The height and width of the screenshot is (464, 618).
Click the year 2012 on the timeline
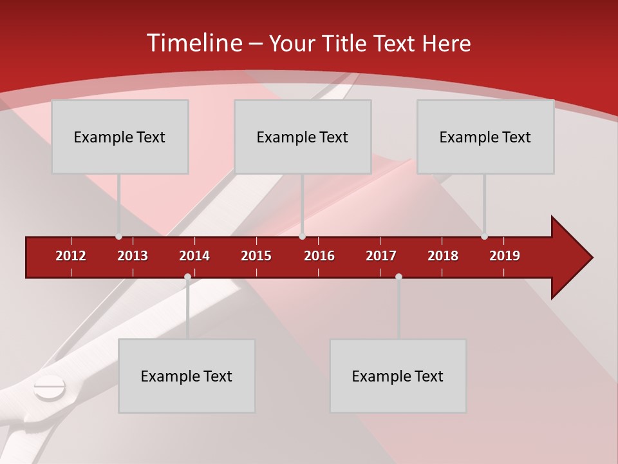click(x=71, y=256)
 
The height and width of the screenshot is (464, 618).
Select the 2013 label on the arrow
click(x=133, y=256)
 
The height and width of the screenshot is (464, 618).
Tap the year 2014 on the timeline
click(x=194, y=256)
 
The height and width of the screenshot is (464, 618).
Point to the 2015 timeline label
click(x=256, y=256)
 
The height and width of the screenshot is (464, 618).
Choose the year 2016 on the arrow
click(x=319, y=256)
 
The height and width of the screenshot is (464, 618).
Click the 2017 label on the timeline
click(x=381, y=256)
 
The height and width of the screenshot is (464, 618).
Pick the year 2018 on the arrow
click(x=443, y=256)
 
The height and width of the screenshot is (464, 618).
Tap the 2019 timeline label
click(x=505, y=256)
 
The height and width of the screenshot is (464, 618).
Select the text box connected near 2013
click(x=120, y=137)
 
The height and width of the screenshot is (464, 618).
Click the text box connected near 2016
click(x=303, y=137)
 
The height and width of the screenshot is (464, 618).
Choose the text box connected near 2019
click(x=485, y=137)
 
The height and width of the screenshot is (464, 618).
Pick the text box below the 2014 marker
click(x=187, y=376)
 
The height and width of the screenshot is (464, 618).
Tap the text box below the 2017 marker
click(x=398, y=376)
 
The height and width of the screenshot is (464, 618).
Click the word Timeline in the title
click(x=193, y=43)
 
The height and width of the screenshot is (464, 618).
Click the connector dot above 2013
click(x=118, y=237)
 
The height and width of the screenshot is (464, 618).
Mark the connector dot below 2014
click(x=187, y=277)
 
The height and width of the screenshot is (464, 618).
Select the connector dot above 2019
click(x=484, y=237)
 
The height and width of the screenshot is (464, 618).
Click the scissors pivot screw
click(x=50, y=388)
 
